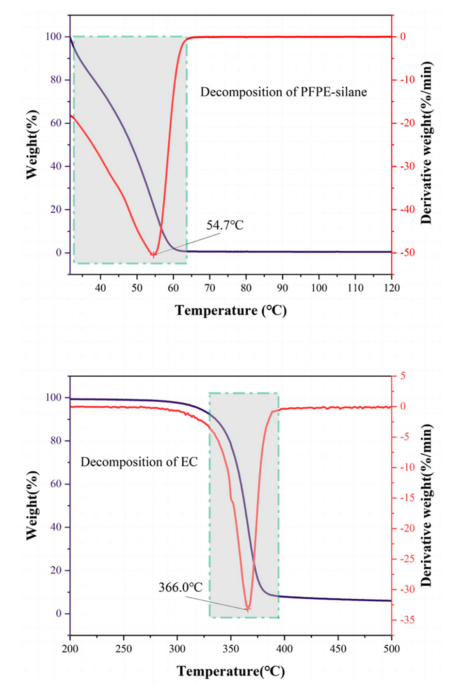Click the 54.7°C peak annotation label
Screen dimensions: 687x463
[225, 225]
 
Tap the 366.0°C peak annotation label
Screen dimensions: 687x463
[180, 587]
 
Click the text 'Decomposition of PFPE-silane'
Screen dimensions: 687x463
[284, 92]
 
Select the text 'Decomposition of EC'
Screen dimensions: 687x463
[139, 462]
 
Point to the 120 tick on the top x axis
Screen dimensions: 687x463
[392, 288]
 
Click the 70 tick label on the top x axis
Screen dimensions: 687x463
[210, 288]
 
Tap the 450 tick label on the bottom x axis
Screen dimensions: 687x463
[338, 649]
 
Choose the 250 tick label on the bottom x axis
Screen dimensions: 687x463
[124, 649]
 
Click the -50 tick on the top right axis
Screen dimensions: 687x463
[406, 253]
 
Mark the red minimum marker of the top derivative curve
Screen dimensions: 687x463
[154, 255]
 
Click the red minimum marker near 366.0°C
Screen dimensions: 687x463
[248, 608]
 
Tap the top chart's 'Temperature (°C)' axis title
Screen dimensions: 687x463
[231, 310]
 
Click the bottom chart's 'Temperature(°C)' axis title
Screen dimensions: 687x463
[231, 671]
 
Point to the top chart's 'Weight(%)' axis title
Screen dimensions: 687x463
[32, 144]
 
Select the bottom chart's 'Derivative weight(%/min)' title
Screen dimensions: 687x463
[426, 505]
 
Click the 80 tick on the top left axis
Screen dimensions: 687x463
[56, 80]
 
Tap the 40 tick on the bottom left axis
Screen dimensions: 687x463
[56, 527]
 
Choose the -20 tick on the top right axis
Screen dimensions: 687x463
[406, 123]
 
